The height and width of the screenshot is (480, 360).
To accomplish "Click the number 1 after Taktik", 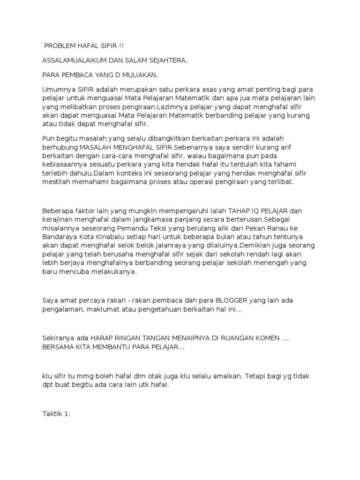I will tap(66, 414).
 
